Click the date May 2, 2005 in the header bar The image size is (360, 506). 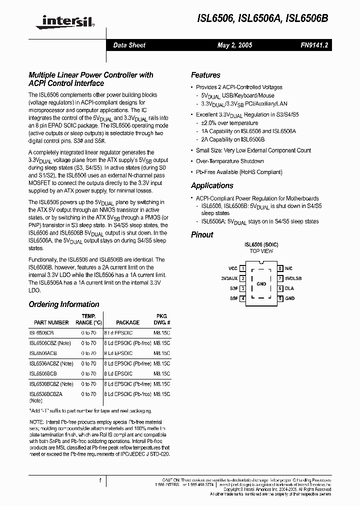[x=234, y=45]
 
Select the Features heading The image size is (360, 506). [x=205, y=75]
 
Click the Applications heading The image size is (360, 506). [x=212, y=185]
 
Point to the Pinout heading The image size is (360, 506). [x=202, y=234]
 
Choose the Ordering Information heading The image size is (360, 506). [x=64, y=304]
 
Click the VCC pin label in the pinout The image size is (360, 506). [x=233, y=268]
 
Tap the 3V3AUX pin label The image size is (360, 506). [x=229, y=278]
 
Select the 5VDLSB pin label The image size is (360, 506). [x=293, y=278]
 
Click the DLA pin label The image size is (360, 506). [x=289, y=288]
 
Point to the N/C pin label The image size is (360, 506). [x=288, y=268]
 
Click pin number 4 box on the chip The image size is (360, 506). [x=242, y=298]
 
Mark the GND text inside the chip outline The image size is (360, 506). [x=261, y=283]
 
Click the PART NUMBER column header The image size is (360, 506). [x=51, y=323]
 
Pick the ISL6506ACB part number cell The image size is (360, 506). [x=43, y=353]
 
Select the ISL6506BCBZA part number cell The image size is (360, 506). [x=45, y=394]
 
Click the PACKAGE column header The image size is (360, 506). [x=127, y=323]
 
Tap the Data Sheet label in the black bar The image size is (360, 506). [x=129, y=45]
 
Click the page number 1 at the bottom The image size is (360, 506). [x=100, y=481]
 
